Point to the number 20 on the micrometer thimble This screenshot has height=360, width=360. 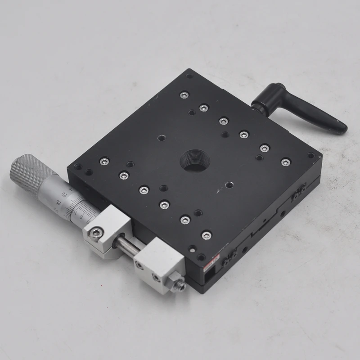coord(66,194)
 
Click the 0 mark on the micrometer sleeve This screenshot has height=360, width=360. coord(87,221)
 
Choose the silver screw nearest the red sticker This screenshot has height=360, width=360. coord(206,235)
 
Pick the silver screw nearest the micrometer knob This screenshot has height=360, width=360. coord(104,161)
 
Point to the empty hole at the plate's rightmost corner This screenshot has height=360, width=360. coord(310,156)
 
